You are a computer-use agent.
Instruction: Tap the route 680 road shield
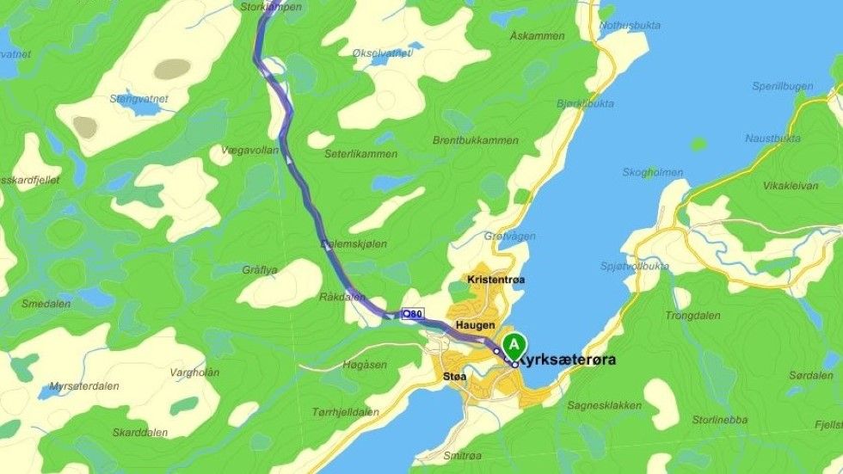(412, 315)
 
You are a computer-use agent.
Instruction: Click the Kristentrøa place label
(495, 280)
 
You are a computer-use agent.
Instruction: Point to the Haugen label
(475, 324)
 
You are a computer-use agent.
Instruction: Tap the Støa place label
(455, 377)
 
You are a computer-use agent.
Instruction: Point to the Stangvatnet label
(138, 99)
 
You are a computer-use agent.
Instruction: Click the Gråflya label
(260, 269)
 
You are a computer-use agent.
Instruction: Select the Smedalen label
(46, 304)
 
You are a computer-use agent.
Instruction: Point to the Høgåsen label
(365, 365)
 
